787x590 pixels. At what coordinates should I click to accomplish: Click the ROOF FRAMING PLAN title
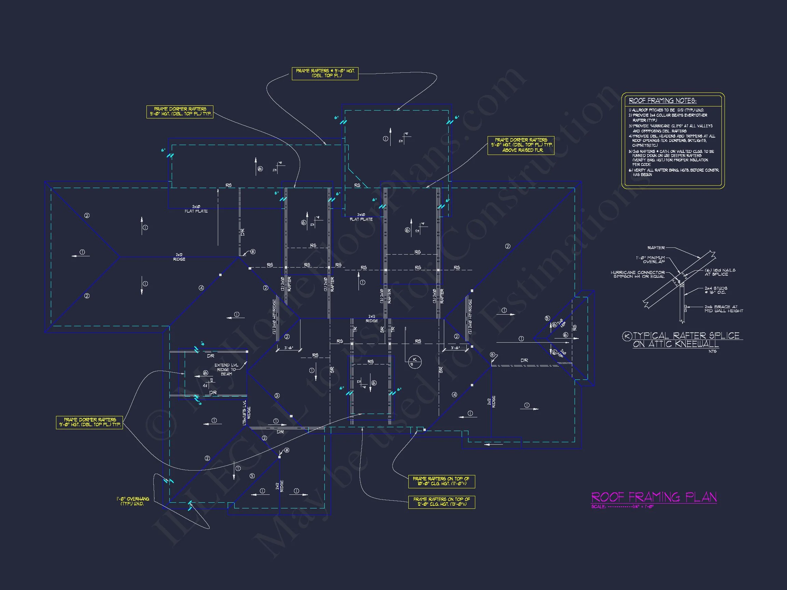pos(654,497)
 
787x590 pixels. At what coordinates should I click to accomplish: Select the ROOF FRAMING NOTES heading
pos(662,101)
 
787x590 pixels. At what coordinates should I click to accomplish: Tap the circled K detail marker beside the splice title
pos(627,336)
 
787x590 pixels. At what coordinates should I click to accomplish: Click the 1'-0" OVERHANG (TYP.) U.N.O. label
pos(133,501)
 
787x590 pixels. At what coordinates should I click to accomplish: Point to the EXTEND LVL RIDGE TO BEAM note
pos(226,370)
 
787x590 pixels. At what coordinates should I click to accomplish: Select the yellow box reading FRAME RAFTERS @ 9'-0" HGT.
pos(325,73)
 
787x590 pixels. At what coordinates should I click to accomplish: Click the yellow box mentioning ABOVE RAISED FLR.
pos(521,145)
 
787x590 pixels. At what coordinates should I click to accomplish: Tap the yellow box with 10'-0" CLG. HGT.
pos(441,481)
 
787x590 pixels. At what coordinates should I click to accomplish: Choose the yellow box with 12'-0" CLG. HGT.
pos(441,502)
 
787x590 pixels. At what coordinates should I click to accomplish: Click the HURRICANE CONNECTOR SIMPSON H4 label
pos(637,274)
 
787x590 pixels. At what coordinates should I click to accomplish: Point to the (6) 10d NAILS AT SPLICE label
pos(720,272)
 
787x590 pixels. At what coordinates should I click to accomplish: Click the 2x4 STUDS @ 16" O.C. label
pos(716,290)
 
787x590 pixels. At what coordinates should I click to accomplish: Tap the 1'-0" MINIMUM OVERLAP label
pos(650,260)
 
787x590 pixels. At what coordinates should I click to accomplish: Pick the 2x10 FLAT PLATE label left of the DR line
pos(196,209)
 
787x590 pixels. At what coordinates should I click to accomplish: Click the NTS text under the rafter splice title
pos(712,351)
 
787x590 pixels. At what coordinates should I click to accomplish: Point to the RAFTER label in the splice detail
pos(656,247)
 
